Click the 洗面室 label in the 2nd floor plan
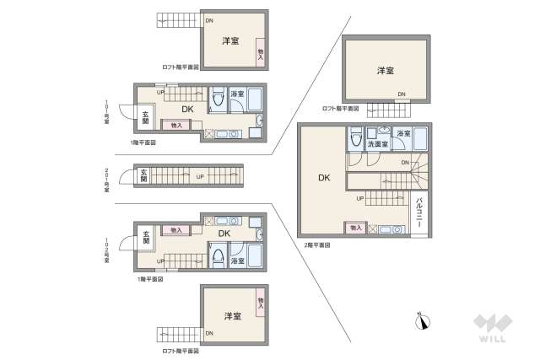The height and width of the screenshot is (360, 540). (x=377, y=144)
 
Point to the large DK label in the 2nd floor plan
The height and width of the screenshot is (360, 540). (x=324, y=178)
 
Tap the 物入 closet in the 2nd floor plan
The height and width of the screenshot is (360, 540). (x=354, y=228)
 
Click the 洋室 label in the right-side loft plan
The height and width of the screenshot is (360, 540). (x=386, y=70)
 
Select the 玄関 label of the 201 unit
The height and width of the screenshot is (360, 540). (x=143, y=176)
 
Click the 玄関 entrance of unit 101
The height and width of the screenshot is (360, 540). (x=145, y=118)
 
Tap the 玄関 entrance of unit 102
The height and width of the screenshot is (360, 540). (x=145, y=238)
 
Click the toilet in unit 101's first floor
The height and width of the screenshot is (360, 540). (x=217, y=99)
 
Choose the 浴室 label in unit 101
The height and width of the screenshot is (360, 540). (x=237, y=94)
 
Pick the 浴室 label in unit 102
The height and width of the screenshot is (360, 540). (x=237, y=261)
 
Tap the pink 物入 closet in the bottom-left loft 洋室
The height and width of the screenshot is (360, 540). (x=259, y=300)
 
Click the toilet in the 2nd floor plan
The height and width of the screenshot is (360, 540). (x=355, y=137)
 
